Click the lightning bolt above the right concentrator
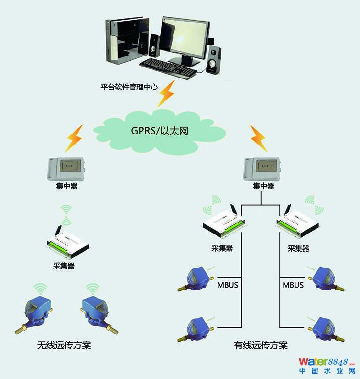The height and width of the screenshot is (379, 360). click(x=258, y=138)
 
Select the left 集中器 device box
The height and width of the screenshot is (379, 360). click(x=66, y=169)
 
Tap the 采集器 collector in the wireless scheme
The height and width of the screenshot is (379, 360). click(x=68, y=242)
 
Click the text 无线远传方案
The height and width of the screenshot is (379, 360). click(x=64, y=345)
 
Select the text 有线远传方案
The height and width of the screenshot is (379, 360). click(x=261, y=345)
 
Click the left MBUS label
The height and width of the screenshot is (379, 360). click(x=228, y=285)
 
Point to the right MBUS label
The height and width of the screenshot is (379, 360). click(x=293, y=285)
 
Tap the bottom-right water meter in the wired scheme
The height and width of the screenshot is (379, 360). click(x=325, y=329)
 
